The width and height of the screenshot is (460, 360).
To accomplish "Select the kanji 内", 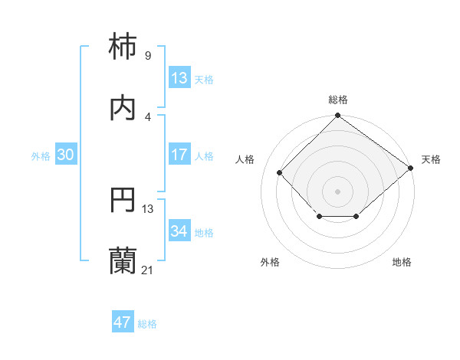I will click(x=123, y=109).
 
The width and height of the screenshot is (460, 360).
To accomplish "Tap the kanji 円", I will click(x=123, y=201).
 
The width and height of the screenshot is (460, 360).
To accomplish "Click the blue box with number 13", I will click(x=179, y=77).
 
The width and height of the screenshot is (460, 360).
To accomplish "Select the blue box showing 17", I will click(x=179, y=155).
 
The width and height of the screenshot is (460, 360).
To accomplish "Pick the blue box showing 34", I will click(x=179, y=231).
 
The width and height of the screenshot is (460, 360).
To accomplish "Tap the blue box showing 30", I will click(x=65, y=155).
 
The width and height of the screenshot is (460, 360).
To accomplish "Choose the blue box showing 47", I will click(x=122, y=322).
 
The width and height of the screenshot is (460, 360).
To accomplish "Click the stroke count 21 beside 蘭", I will click(x=147, y=270).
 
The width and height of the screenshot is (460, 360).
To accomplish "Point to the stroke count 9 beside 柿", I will click(x=147, y=55).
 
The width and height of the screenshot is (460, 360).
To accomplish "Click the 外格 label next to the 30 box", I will click(x=41, y=155).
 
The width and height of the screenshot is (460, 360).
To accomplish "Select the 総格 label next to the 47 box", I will click(x=147, y=324).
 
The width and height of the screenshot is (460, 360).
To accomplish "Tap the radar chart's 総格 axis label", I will click(x=338, y=100).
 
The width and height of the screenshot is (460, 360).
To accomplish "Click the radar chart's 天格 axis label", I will click(x=431, y=159).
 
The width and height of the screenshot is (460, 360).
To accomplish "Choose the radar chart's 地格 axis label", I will click(x=402, y=262).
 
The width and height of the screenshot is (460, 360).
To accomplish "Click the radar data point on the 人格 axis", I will click(x=280, y=172).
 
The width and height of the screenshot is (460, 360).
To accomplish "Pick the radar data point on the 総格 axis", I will click(x=338, y=116).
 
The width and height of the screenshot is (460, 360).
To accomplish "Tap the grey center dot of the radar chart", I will click(x=338, y=191).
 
